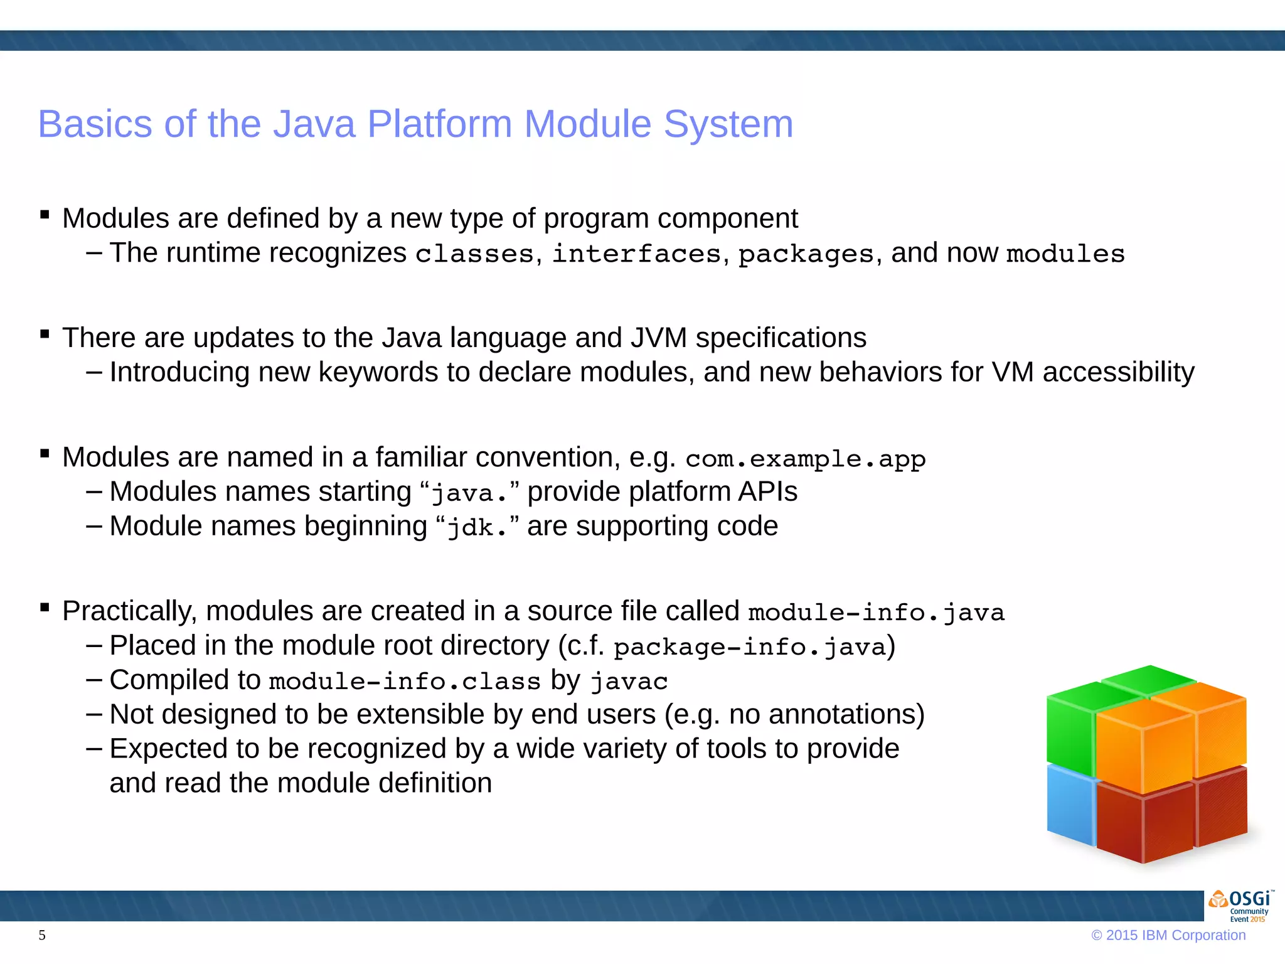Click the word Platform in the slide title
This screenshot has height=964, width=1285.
point(439,124)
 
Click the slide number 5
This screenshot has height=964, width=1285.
point(42,935)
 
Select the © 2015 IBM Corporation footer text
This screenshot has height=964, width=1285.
point(1168,935)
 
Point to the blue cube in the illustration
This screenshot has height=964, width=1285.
point(1070,806)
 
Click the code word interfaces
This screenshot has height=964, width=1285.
point(636,254)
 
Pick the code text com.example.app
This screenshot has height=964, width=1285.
point(805,459)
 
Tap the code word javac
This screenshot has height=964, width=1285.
point(629,682)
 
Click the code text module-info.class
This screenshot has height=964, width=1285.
point(405,682)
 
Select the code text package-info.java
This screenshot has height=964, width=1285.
point(749,647)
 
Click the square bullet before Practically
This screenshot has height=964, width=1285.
point(45,608)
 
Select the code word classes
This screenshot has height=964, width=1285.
point(474,254)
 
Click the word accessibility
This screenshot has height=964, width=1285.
point(1118,372)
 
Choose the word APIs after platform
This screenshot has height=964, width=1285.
point(767,492)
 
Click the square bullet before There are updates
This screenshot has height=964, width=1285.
point(45,335)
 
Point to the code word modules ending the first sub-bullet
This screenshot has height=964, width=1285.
point(1065,254)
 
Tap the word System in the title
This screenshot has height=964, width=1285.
point(728,124)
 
